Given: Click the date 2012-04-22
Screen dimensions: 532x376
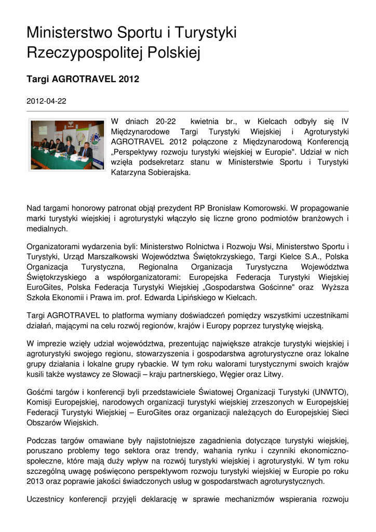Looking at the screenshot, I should [x=46, y=101].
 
